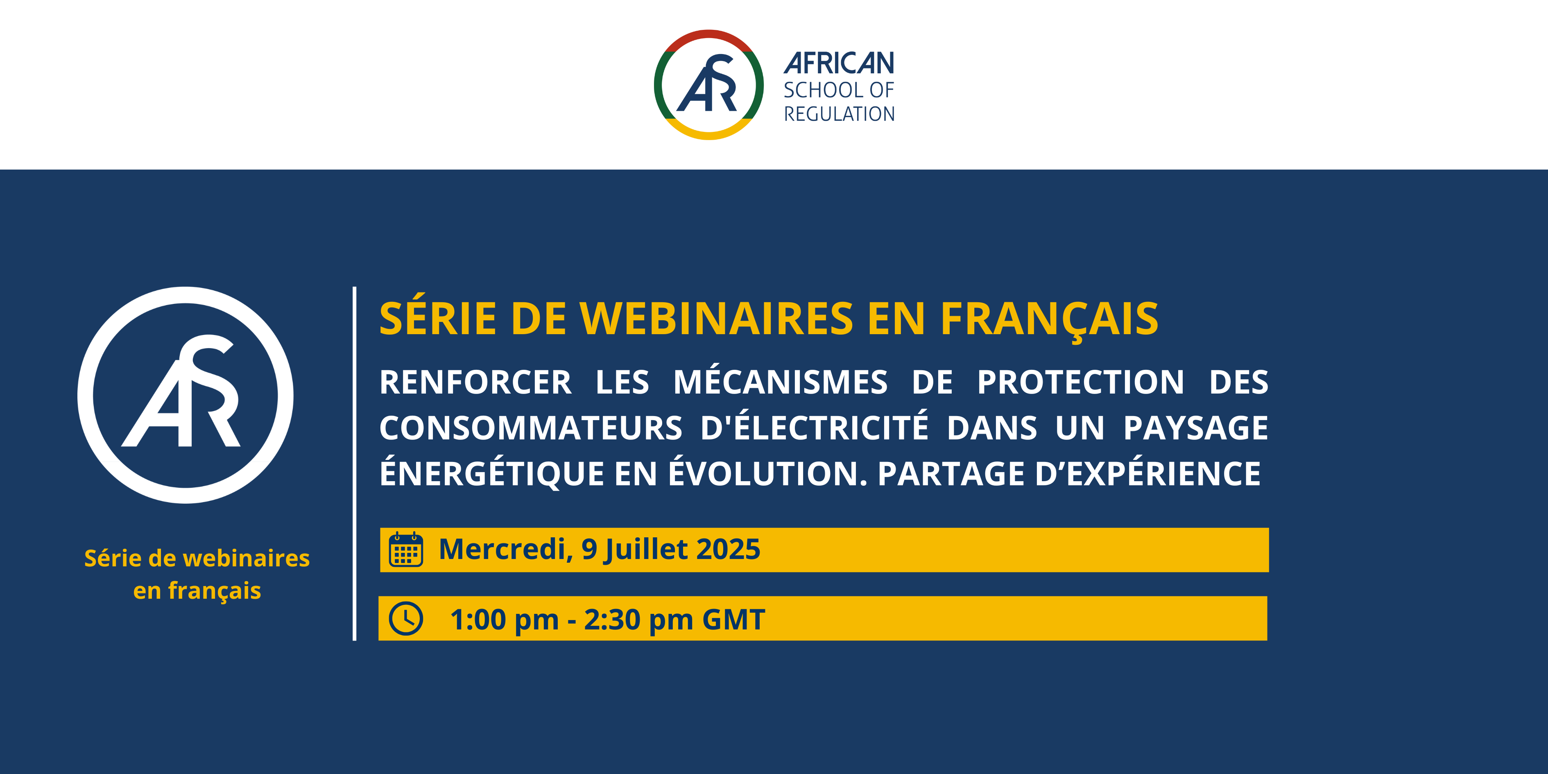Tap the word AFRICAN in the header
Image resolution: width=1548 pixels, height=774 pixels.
pos(839,63)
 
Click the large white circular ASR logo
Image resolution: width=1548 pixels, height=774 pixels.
pos(186,295)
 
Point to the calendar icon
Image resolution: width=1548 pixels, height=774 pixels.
pos(406,549)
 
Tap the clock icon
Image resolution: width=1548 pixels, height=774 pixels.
pos(406,618)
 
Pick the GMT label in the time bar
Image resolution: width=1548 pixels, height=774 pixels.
pos(734,620)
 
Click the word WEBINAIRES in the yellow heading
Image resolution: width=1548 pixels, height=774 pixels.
pos(716,319)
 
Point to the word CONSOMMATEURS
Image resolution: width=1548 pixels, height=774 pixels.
pos(531,428)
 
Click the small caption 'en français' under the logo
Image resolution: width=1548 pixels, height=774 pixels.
pos(197,591)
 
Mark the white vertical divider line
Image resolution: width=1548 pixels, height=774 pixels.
pos(355,464)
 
